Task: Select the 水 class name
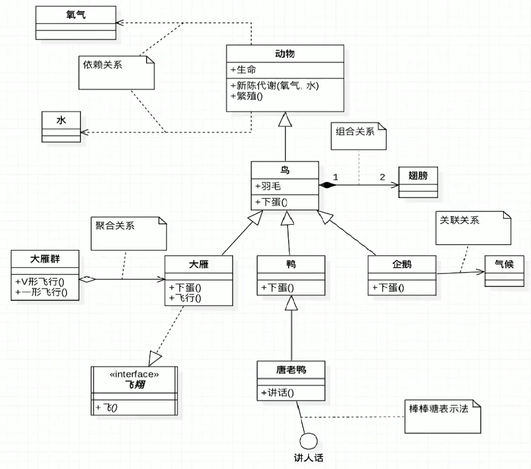coord(61,120)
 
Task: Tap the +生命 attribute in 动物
coord(243,70)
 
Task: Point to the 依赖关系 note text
coord(102,64)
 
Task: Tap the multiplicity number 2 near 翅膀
coord(382,177)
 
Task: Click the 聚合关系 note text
coord(114,225)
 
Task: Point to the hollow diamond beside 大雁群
coord(86,279)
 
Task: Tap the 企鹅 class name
coord(402,264)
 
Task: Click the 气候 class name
coord(504,263)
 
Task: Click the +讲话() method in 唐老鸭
coord(278,393)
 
